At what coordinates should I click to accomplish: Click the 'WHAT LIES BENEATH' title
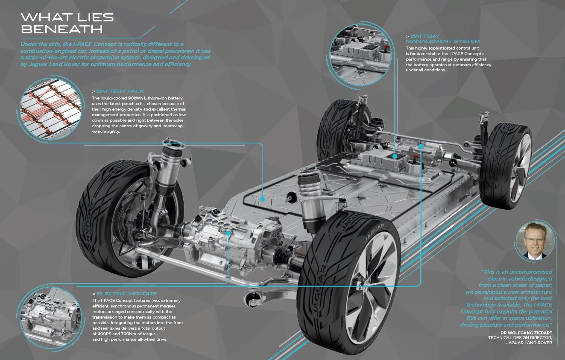point(67,23)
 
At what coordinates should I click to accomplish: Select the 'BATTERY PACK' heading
point(120,91)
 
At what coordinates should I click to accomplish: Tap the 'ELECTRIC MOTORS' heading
point(126,294)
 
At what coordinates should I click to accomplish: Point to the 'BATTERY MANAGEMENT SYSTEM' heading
point(443,38)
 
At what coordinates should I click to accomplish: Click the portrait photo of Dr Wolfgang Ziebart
point(535,240)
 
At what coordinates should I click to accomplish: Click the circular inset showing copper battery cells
point(51,109)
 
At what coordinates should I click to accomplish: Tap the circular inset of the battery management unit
point(360,55)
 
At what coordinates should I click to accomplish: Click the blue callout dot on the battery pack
point(263,199)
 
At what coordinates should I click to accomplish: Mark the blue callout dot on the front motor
point(228,233)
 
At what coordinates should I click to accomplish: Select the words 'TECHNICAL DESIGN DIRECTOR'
point(520,338)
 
